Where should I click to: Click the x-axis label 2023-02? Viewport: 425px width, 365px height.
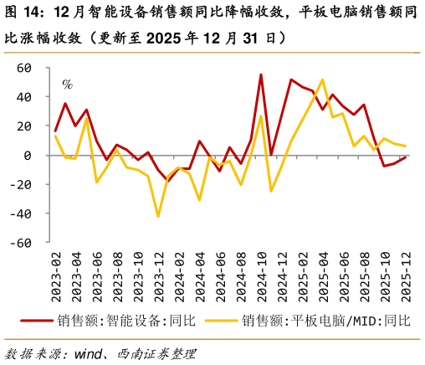[x=56, y=275]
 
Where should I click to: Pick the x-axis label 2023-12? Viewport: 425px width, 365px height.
[x=158, y=275]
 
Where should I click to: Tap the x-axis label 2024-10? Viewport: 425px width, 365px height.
[x=261, y=275]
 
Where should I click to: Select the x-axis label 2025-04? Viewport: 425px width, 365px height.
[x=323, y=275]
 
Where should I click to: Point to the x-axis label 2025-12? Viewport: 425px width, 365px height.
[x=405, y=275]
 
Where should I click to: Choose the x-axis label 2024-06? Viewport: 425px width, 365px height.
[x=220, y=275]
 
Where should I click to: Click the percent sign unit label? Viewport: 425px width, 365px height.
[x=67, y=84]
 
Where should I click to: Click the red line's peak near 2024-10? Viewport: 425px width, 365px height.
[x=261, y=75]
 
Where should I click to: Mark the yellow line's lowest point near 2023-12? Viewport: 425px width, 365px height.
[x=158, y=216]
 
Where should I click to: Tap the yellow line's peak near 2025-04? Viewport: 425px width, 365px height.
[x=323, y=80]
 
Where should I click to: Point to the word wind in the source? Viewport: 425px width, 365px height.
[x=91, y=352]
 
